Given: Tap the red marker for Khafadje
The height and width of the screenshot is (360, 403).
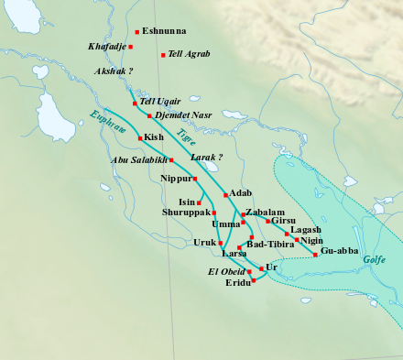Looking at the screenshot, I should point(131,46).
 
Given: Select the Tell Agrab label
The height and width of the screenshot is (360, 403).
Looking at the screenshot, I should point(190,55).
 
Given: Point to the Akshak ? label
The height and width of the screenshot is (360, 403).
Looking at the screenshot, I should point(114,71).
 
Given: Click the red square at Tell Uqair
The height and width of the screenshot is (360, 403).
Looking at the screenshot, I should point(135,103).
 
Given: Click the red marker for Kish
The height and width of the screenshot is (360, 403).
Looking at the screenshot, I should point(140,137).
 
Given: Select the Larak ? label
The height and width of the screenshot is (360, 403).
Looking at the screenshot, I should point(206,158).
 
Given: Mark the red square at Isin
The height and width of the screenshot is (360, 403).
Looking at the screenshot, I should point(200,202).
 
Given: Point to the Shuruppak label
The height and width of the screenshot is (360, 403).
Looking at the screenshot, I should point(187,213).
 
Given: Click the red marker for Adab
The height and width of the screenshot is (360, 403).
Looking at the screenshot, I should point(224,194).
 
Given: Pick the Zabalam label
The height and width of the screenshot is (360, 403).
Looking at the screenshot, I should point(266,212).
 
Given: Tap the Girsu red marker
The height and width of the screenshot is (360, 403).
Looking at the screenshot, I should point(267,222).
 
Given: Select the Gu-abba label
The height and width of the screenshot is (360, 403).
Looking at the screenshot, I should point(340,250).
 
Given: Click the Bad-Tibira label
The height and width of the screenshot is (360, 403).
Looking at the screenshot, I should point(270,245).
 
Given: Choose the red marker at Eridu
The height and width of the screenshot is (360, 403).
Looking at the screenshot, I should point(254,280).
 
